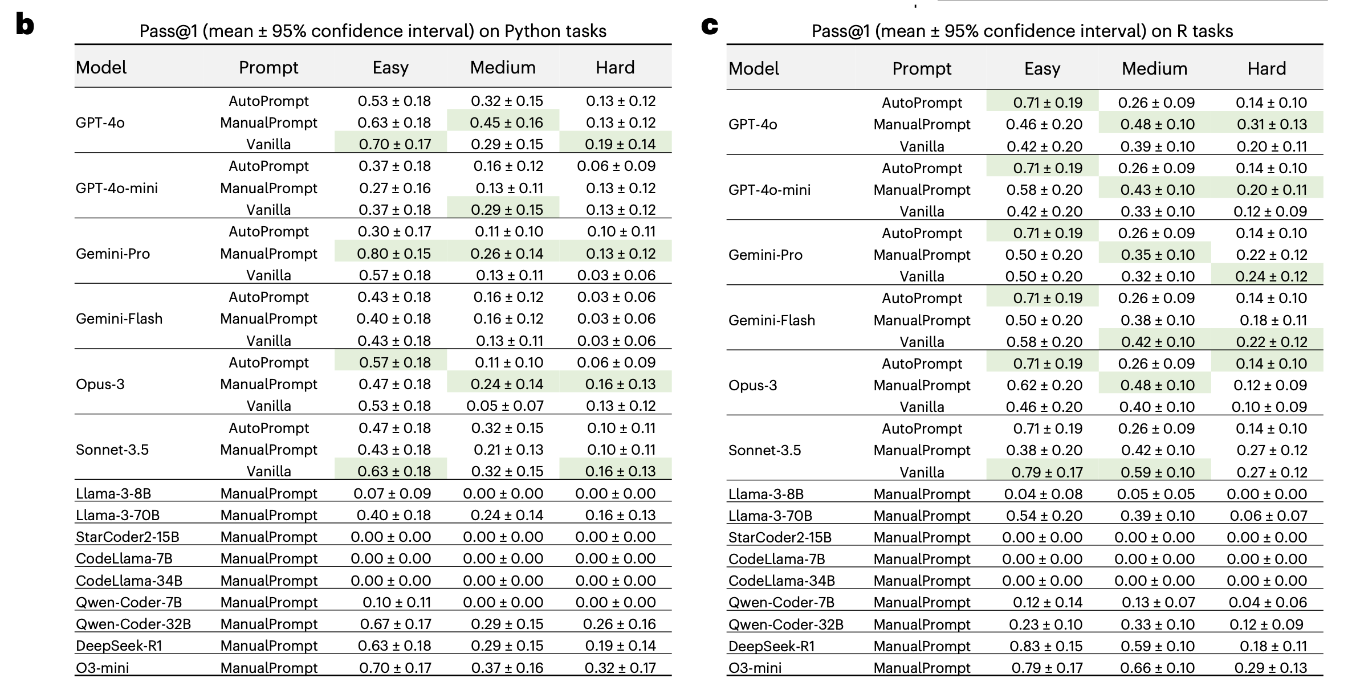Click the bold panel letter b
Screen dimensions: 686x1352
[25, 26]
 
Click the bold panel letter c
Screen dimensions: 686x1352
[710, 26]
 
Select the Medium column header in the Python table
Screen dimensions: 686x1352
[503, 68]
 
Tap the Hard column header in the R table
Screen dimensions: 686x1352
[1267, 69]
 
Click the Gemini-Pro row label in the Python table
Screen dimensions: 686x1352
[113, 254]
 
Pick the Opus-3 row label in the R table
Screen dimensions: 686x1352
[752, 385]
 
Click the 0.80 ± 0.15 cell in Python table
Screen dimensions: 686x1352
[394, 254]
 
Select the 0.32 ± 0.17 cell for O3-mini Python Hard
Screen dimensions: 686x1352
[620, 667]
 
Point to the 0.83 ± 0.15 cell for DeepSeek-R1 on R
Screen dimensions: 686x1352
[1045, 646]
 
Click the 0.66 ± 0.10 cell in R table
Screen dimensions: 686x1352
[1157, 668]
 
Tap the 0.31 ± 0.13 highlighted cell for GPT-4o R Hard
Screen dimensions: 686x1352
[1272, 124]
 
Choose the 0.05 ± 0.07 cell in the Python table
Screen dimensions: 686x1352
[505, 406]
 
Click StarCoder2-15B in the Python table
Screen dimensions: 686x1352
[127, 537]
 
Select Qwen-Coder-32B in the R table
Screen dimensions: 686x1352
[785, 624]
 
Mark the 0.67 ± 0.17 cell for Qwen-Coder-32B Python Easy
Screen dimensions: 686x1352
[395, 624]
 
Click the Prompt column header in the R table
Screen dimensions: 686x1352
[922, 69]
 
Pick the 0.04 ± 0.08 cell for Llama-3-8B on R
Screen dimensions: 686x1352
[1043, 494]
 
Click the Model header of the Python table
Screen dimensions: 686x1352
[101, 68]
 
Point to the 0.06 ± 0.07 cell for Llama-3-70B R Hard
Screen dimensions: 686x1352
[1268, 516]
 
